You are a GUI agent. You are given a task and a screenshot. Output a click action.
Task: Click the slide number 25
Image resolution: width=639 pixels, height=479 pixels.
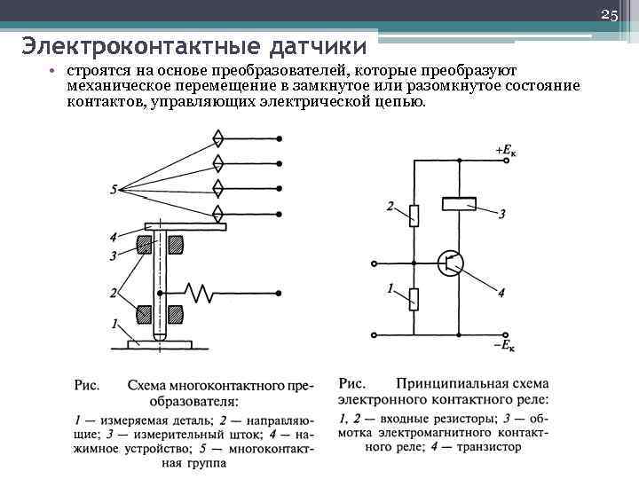[609, 15]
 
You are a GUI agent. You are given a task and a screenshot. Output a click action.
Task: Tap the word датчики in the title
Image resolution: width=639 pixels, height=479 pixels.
[303, 45]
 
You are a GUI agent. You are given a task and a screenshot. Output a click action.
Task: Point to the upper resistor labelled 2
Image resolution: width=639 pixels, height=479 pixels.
[414, 214]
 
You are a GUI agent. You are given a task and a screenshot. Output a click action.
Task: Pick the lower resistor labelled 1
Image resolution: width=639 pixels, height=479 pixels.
[414, 298]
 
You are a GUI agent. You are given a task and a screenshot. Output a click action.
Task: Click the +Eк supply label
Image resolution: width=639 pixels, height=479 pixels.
[508, 151]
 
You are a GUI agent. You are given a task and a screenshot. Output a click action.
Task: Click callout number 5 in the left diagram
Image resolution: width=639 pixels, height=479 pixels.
[114, 189]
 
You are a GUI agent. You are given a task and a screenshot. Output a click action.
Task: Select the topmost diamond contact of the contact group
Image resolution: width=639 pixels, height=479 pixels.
[217, 139]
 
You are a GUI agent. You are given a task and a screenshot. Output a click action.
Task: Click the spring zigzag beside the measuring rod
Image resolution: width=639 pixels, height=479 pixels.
[199, 289]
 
